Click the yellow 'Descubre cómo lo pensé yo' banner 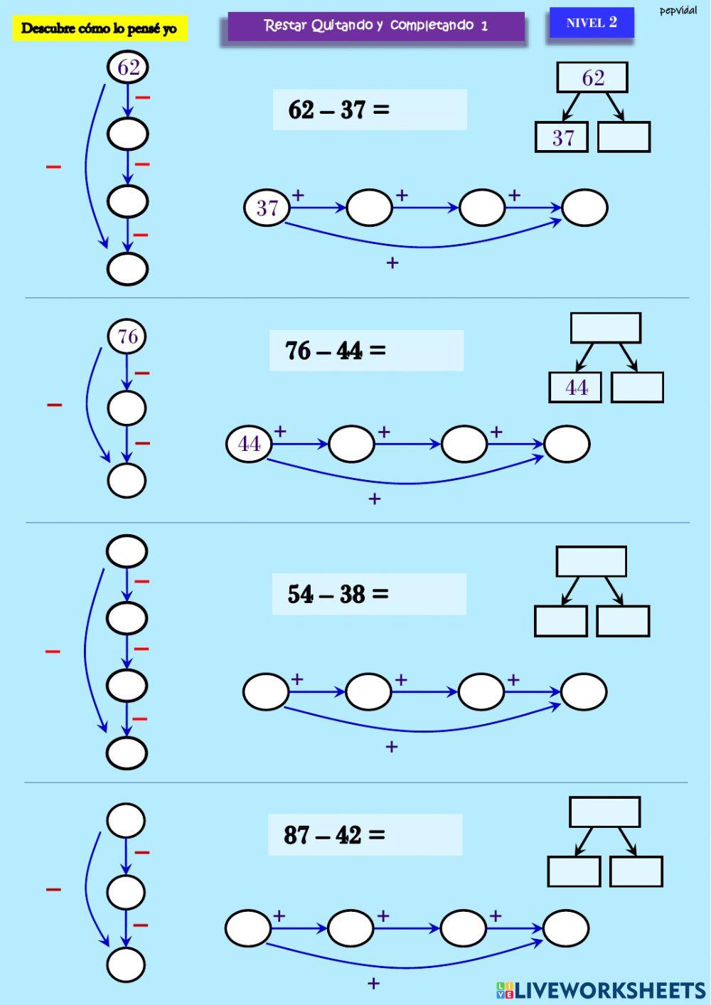click(100, 28)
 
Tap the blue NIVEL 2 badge click(591, 23)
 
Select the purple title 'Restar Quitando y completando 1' click(376, 26)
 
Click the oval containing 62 click(128, 68)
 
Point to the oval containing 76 click(127, 336)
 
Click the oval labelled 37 click(267, 208)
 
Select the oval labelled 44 click(249, 445)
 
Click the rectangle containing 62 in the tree click(592, 78)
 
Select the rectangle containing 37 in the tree click(562, 137)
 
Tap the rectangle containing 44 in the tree click(575, 388)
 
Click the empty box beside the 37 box click(624, 137)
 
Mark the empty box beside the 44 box click(637, 388)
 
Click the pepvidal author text click(678, 11)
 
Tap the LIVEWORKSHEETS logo click(601, 990)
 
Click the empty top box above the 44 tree click(606, 328)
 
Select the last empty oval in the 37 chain click(584, 208)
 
